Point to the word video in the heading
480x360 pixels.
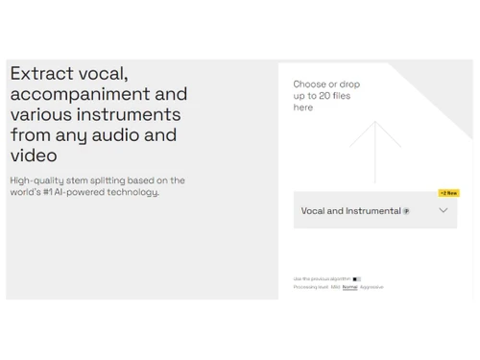[34, 156]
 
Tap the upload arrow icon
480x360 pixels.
[374, 149]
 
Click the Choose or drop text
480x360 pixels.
[326, 84]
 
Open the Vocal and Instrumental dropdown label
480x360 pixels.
[350, 211]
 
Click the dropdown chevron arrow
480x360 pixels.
[443, 210]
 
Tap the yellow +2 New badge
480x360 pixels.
[448, 193]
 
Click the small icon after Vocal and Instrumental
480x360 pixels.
[406, 211]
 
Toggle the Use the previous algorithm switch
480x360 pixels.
[356, 279]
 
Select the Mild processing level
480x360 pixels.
[335, 287]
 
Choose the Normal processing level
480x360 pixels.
[349, 287]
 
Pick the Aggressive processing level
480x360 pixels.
[372, 287]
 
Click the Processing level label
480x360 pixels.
[311, 287]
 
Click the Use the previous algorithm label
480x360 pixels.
[322, 279]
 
